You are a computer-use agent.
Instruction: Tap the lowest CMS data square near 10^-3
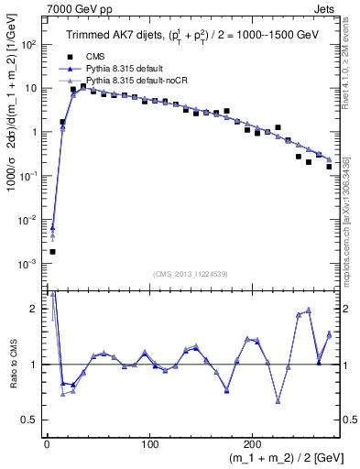pyautogui.click(x=52, y=251)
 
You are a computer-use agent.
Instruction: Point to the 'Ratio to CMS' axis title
pyautogui.click(x=10, y=365)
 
